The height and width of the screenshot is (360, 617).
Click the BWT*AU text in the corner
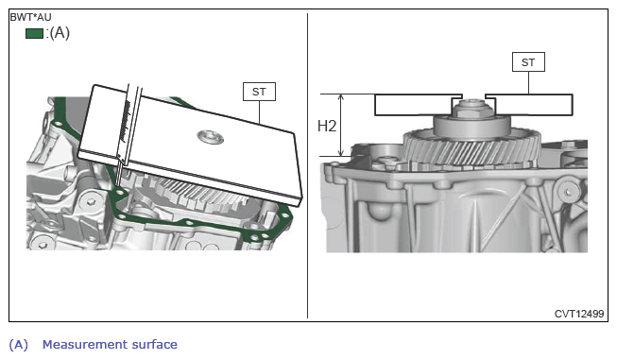pyautogui.click(x=30, y=17)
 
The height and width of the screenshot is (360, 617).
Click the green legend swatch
pyautogui.click(x=34, y=33)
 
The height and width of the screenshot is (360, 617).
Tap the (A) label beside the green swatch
pyautogui.click(x=60, y=33)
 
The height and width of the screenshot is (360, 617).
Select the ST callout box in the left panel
pyautogui.click(x=259, y=92)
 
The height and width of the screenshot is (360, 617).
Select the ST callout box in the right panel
pyautogui.click(x=528, y=62)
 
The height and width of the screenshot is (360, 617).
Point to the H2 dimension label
pyautogui.click(x=327, y=127)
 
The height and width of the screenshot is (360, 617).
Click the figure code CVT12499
pyautogui.click(x=579, y=314)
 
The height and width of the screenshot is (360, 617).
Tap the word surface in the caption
pyautogui.click(x=154, y=345)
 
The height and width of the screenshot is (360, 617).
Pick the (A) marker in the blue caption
pyautogui.click(x=19, y=345)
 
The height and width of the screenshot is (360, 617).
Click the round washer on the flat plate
pyautogui.click(x=211, y=137)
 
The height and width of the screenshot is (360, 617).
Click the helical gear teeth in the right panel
pyautogui.click(x=471, y=148)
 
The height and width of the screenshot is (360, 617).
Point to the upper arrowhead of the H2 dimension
pyautogui.click(x=341, y=97)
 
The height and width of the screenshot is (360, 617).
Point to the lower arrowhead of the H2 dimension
pyautogui.click(x=341, y=153)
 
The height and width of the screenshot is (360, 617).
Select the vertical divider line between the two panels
pyautogui.click(x=307, y=165)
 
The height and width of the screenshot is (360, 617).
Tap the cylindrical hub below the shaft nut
pyautogui.click(x=471, y=126)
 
